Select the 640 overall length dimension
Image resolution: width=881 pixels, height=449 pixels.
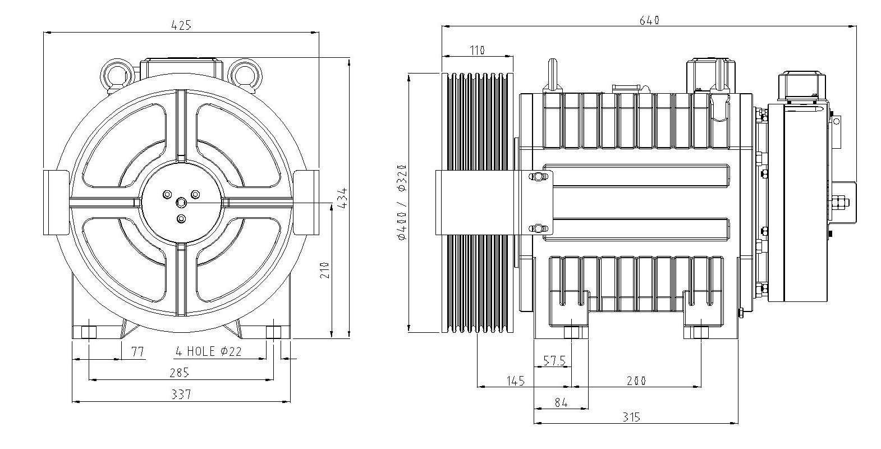coord(649,20)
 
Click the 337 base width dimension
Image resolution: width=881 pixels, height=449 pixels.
coord(181,395)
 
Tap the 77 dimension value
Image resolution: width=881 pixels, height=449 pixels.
coord(137,352)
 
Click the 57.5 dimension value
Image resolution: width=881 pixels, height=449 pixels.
coord(553,360)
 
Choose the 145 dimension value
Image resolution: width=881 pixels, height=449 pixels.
coord(515,381)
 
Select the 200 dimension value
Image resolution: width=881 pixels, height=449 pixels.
coord(635,381)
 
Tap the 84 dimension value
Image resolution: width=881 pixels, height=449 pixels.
coord(561,402)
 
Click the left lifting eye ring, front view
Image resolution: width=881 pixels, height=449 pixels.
coord(118,73)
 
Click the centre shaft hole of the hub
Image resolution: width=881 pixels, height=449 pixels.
coord(181,202)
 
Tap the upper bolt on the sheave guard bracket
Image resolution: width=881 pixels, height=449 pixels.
coord(538,177)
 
